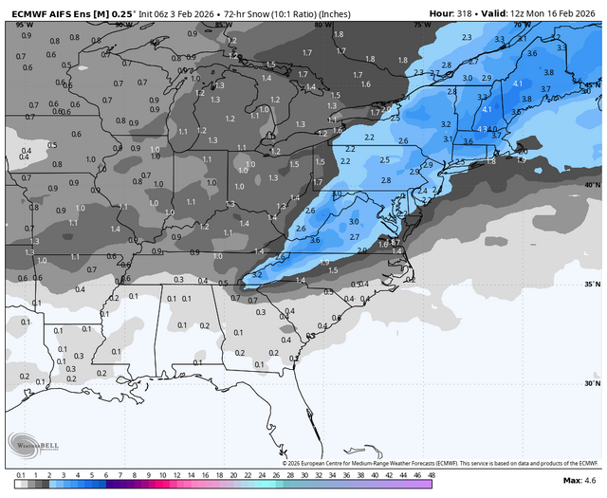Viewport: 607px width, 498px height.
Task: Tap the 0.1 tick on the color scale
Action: [21, 474]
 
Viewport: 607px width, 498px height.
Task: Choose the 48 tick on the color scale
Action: [431, 474]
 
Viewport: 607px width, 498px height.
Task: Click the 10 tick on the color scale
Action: [163, 474]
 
